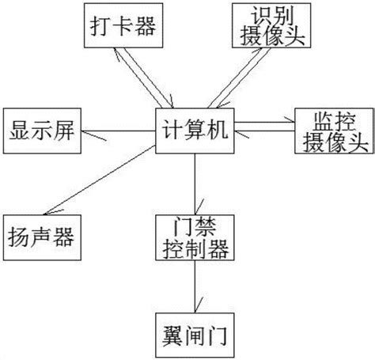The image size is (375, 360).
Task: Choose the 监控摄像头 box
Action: click(x=331, y=128)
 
